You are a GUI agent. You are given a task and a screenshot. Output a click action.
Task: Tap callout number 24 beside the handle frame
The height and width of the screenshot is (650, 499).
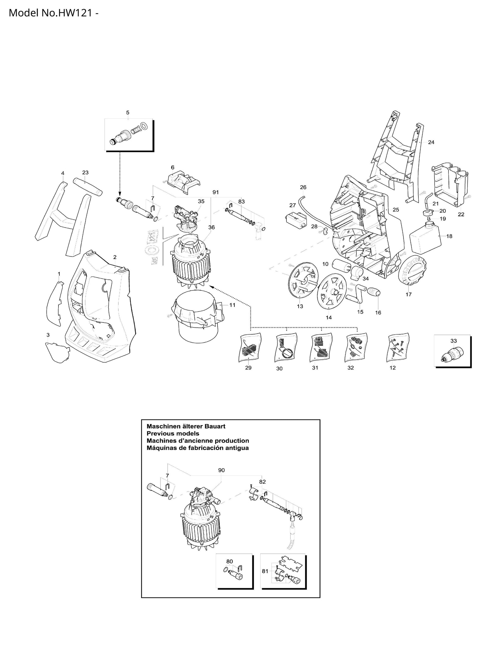tap(431, 142)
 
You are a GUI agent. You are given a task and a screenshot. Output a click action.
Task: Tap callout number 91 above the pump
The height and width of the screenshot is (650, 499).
tap(216, 192)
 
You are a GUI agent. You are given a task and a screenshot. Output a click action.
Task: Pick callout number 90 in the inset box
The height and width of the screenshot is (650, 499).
tap(221, 470)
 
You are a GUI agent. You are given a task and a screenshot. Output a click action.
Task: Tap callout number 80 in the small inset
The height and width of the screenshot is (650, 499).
tap(229, 561)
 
